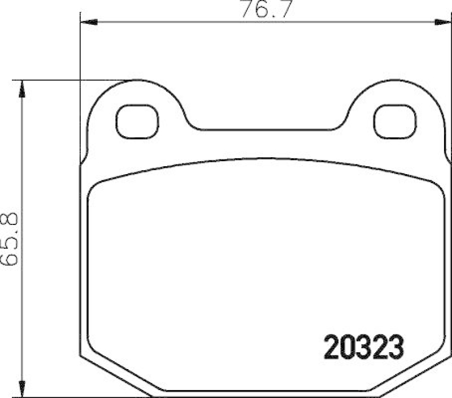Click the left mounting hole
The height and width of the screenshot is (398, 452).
[137, 120]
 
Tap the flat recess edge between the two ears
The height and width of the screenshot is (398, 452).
[266, 128]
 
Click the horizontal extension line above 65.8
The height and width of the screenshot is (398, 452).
[73, 80]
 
